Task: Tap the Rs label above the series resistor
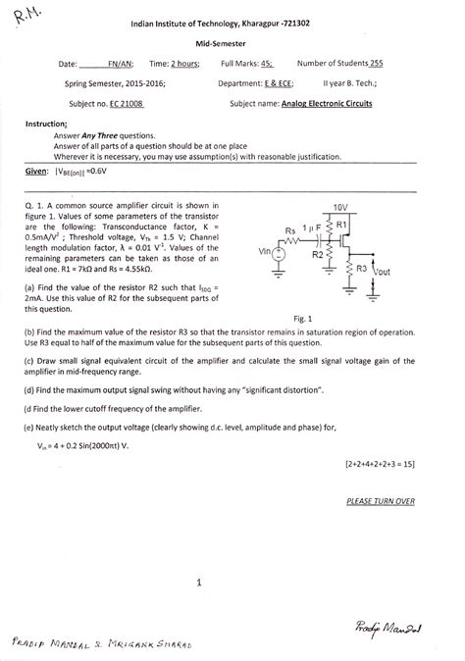[x=290, y=231]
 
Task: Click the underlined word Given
[x=37, y=170]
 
